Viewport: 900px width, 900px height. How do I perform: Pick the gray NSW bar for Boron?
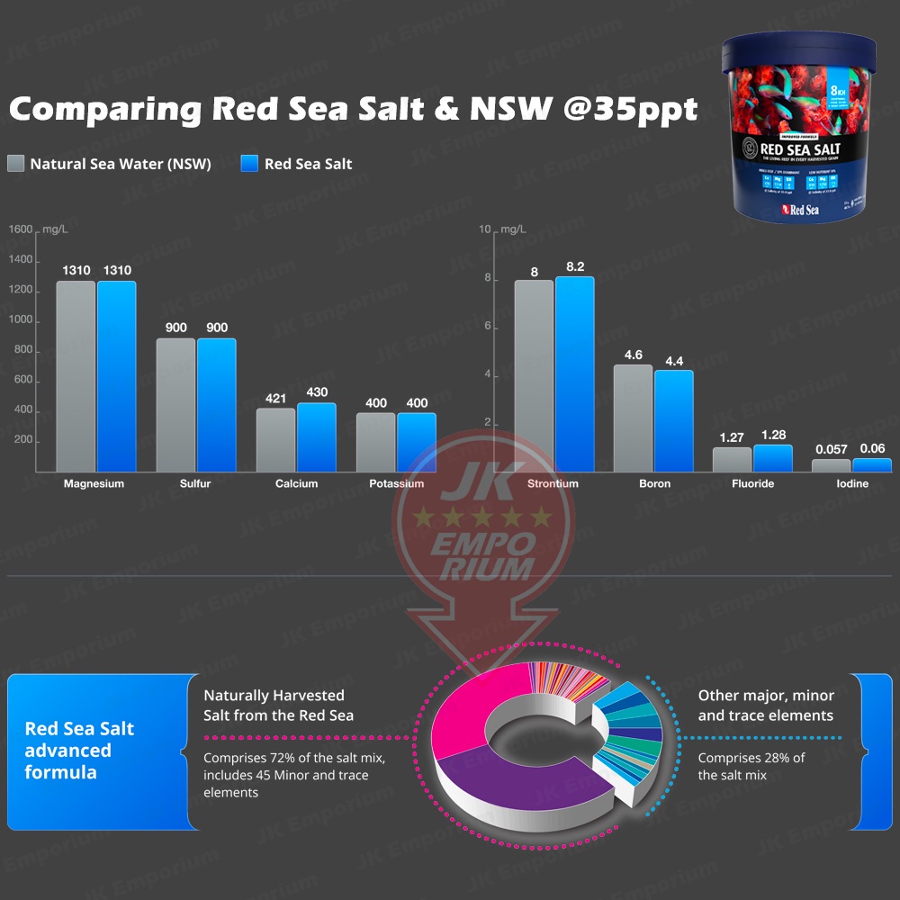pyautogui.click(x=633, y=418)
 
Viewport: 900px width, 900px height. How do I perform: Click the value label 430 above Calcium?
pyautogui.click(x=316, y=392)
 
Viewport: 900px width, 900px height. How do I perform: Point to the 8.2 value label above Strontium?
pyautogui.click(x=575, y=266)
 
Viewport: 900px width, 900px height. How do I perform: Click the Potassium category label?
pyautogui.click(x=396, y=484)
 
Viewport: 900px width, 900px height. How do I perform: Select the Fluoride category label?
pyautogui.click(x=753, y=484)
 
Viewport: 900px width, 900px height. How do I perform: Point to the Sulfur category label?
pyautogui.click(x=195, y=484)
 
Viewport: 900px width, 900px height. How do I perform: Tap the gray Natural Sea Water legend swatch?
pyautogui.click(x=15, y=164)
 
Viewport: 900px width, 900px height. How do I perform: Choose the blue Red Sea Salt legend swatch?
pyautogui.click(x=250, y=164)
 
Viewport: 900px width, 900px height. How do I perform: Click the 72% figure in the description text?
pyautogui.click(x=291, y=758)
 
